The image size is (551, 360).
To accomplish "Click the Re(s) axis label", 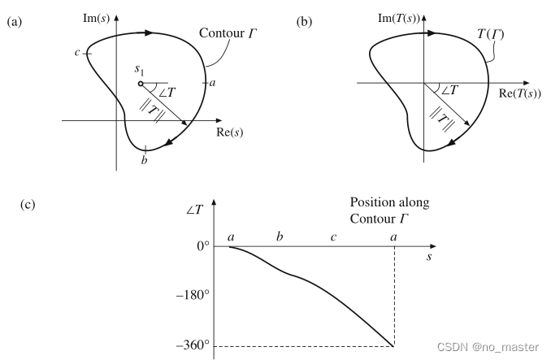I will pos(230,132).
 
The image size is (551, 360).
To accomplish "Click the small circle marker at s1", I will pos(141,83).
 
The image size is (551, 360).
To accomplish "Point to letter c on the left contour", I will pos(76,54).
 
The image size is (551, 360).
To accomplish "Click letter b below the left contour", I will pos(144,161).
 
